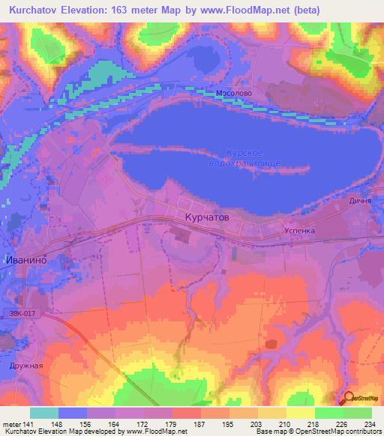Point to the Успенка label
tap(299, 231)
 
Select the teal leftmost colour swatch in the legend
tap(44, 413)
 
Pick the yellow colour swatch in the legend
tap(300, 413)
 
